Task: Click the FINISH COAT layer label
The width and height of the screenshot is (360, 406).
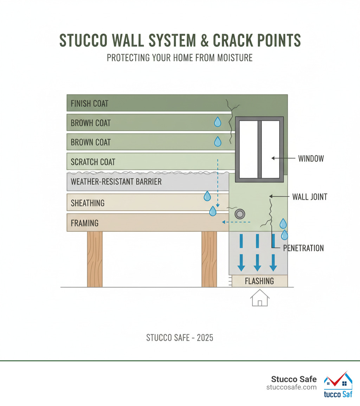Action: [x=89, y=104]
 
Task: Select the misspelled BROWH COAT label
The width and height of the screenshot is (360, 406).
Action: [x=91, y=123]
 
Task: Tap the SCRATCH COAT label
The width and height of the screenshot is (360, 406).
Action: [x=93, y=162]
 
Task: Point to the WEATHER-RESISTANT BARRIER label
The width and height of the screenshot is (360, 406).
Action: [x=116, y=182]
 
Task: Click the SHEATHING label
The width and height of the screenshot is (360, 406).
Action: [x=88, y=203]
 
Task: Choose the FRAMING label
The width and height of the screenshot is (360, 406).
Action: [x=84, y=223]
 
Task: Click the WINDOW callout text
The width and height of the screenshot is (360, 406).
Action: [x=311, y=159]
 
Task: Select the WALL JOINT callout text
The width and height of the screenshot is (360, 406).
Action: [x=310, y=197]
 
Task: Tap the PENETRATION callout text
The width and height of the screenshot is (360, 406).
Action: [x=303, y=248]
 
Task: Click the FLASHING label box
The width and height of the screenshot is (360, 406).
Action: [x=259, y=281]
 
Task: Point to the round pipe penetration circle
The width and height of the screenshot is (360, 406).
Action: [x=240, y=214]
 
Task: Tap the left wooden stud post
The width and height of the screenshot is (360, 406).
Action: [x=95, y=259]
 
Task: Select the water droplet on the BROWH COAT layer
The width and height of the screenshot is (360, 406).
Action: [x=218, y=122]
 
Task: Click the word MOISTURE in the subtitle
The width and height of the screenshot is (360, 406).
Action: [x=234, y=58]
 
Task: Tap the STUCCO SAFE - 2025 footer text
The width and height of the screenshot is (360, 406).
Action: [x=180, y=338]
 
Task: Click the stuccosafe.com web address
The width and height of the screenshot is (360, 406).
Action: [x=291, y=387]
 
